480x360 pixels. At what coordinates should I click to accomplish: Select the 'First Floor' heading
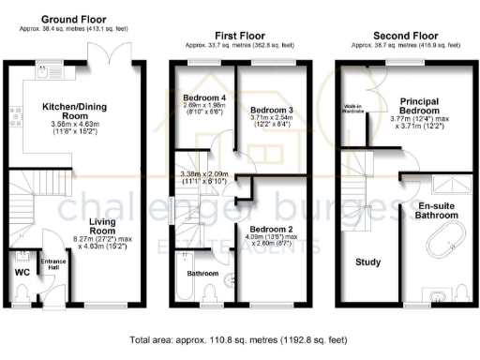[238, 35]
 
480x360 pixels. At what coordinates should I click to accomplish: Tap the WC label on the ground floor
[23, 273]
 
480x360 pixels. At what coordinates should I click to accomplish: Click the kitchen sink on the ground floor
[42, 71]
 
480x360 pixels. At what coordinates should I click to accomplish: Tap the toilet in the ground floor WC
[22, 295]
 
